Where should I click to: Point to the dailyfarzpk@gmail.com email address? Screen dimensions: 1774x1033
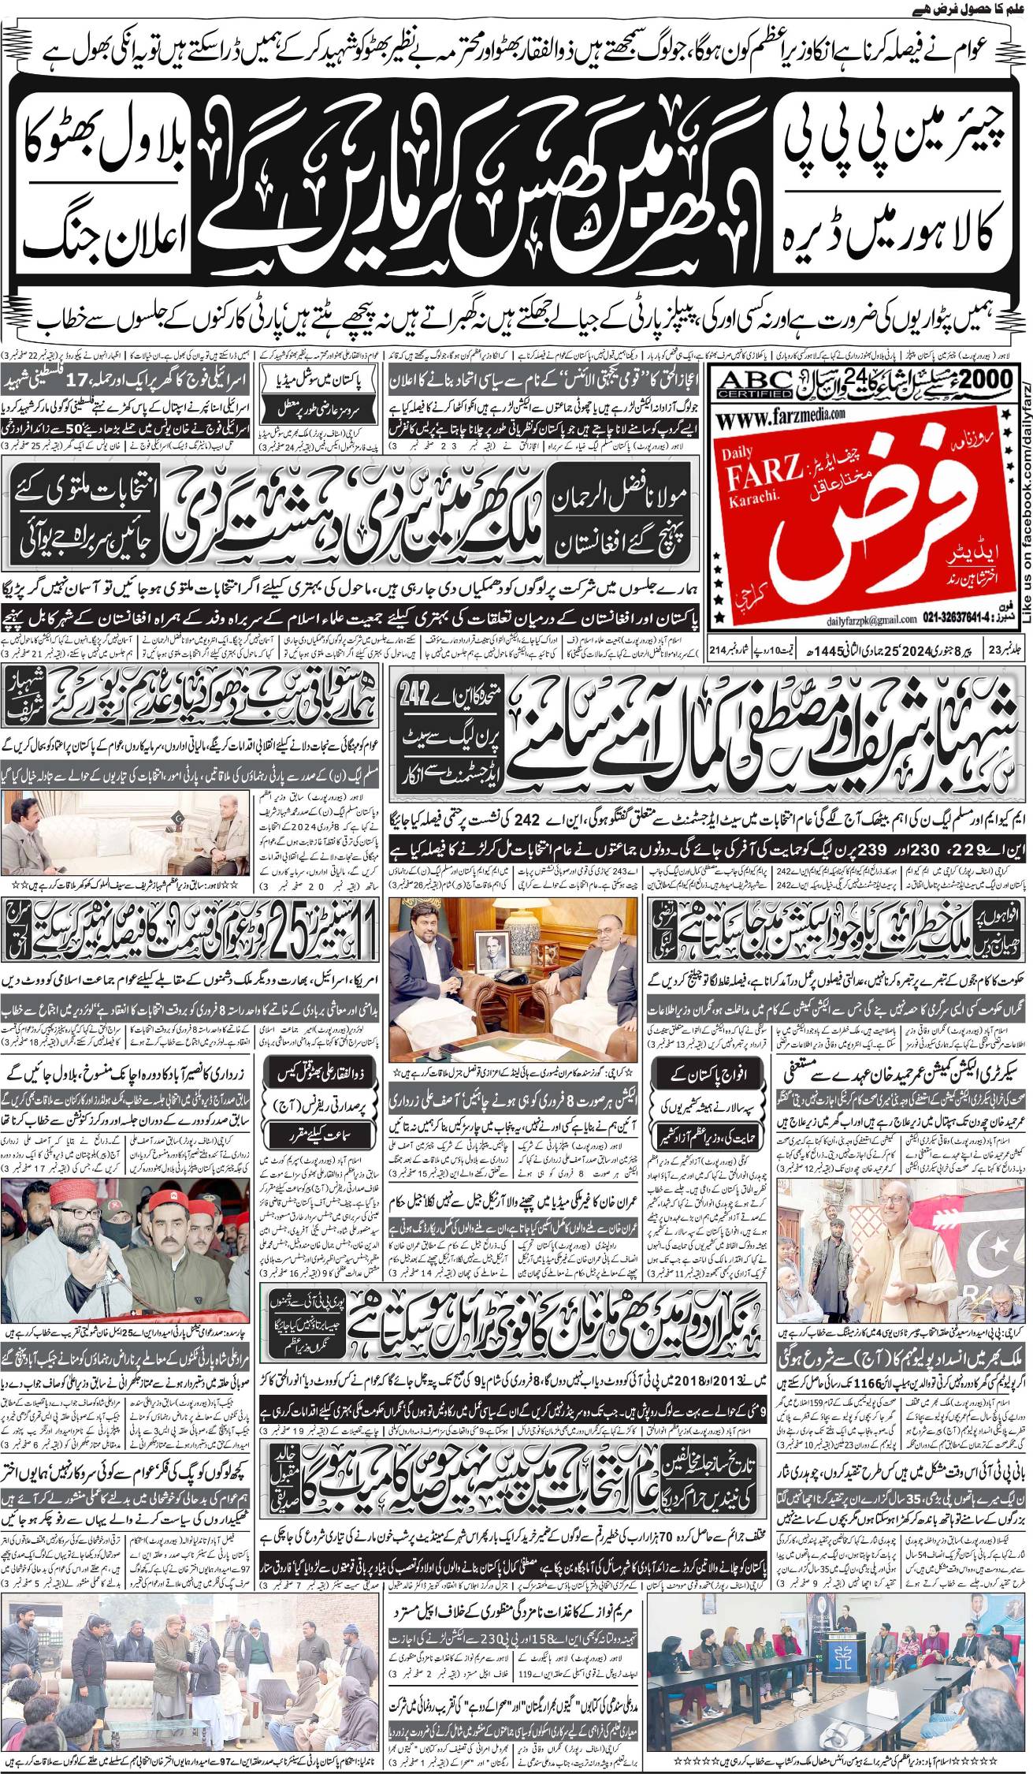[x=782, y=620]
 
